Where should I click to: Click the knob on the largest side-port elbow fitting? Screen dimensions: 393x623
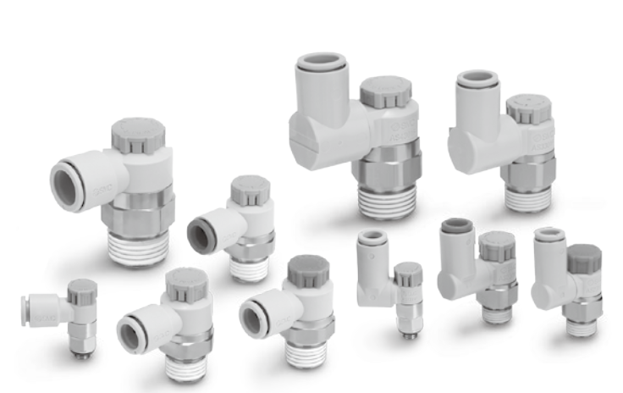137,136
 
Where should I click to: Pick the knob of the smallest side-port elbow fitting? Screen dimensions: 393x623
82,292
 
